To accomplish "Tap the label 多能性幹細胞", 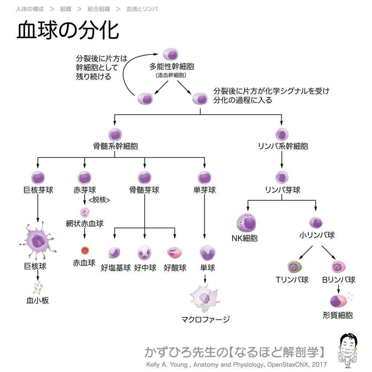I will coord(171,66).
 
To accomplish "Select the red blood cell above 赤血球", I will coord(85,250).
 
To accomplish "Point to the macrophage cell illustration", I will coord(205,298).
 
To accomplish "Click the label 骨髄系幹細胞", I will coord(115,146).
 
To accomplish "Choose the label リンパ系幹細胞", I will coord(283,146).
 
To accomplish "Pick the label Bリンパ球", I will coord(339,280).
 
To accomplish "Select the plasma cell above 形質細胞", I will coord(338,301).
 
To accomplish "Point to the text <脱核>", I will coord(99,200).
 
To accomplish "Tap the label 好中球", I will coord(145,268).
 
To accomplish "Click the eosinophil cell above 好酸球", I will coord(174,253).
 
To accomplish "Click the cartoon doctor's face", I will coord(348,345).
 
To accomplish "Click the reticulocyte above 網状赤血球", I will coord(85,213).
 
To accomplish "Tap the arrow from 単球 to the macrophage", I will coord(205,279).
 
